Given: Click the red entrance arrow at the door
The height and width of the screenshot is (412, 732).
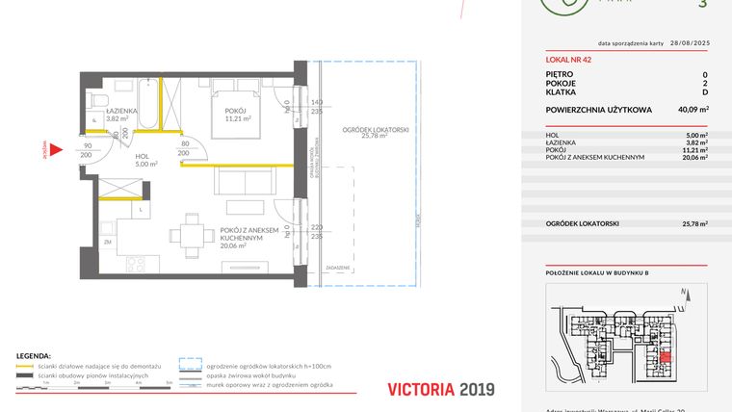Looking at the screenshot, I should [57, 150].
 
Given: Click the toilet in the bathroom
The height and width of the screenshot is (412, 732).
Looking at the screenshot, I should [95, 99].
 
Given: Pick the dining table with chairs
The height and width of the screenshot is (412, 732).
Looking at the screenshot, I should [188, 236].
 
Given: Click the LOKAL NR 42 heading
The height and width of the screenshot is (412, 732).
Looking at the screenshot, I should [567, 59].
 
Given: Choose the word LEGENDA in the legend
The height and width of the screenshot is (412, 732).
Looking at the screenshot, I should [32, 356].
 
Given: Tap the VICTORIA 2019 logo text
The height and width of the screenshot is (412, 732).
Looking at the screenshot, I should [440, 390].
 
